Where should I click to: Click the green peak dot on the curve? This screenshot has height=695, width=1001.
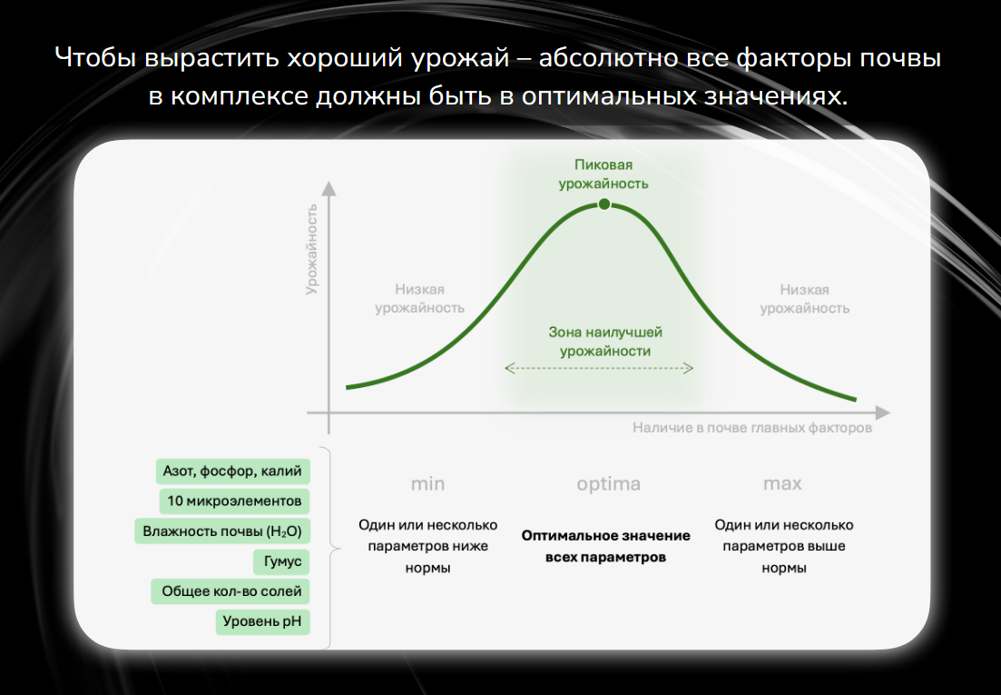pyautogui.click(x=604, y=204)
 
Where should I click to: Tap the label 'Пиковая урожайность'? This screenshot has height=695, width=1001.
pyautogui.click(x=604, y=174)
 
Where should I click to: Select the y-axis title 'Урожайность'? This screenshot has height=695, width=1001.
pyautogui.click(x=311, y=249)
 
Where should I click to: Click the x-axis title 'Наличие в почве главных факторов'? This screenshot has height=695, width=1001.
pyautogui.click(x=752, y=428)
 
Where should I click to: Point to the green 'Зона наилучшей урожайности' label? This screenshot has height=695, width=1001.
pyautogui.click(x=605, y=342)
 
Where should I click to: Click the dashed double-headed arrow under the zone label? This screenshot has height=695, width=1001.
pyautogui.click(x=599, y=368)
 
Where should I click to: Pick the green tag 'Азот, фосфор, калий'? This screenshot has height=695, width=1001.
pyautogui.click(x=232, y=472)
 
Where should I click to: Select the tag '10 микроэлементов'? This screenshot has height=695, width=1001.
pyautogui.click(x=234, y=501)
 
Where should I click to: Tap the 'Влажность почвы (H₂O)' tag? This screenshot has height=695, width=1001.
pyautogui.click(x=222, y=531)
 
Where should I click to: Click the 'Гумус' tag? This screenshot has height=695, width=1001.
pyautogui.click(x=281, y=561)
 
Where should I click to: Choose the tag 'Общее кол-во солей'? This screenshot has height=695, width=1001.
pyautogui.click(x=231, y=591)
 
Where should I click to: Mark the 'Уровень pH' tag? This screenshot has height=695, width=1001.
pyautogui.click(x=262, y=621)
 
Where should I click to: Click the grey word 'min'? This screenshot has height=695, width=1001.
pyautogui.click(x=427, y=483)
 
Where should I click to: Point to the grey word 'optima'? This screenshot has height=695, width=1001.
pyautogui.click(x=608, y=484)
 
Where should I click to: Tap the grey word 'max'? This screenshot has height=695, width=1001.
pyautogui.click(x=782, y=483)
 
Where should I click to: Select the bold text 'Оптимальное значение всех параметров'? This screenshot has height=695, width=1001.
pyautogui.click(x=606, y=546)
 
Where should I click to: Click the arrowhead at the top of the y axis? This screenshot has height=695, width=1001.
pyautogui.click(x=329, y=188)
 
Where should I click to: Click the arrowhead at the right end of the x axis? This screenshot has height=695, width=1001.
pyautogui.click(x=882, y=412)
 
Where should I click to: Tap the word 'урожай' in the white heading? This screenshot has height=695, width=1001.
pyautogui.click(x=460, y=58)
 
